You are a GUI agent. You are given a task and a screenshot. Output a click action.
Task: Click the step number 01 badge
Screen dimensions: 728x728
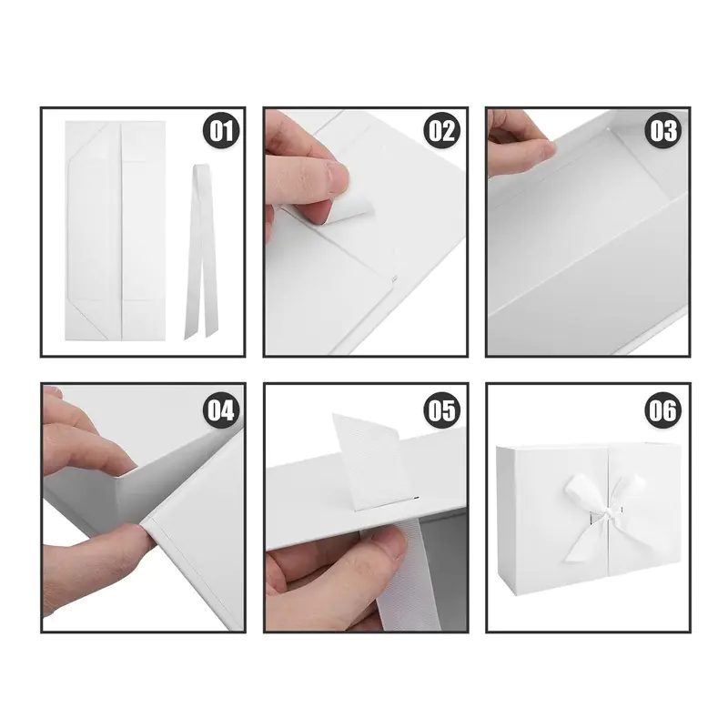[x=221, y=130]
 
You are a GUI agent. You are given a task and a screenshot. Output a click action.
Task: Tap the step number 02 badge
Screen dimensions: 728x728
[x=442, y=130]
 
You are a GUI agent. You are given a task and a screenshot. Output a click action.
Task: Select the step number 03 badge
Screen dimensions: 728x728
[x=663, y=130]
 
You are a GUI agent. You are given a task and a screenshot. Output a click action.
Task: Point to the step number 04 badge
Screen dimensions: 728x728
[x=221, y=410]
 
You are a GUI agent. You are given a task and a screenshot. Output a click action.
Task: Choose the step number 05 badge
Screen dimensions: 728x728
[x=442, y=410]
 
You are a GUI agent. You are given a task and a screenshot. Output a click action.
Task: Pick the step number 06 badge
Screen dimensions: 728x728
[x=663, y=410]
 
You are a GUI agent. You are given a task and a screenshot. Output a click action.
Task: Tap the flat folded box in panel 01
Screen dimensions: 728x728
[x=116, y=230]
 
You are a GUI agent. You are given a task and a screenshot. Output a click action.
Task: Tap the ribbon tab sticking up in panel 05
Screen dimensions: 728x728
[x=371, y=460]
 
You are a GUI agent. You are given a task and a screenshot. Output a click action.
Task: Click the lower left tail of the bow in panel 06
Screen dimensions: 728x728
[x=582, y=541]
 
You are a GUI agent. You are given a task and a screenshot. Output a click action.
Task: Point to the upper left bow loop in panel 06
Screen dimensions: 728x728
[x=581, y=492]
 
